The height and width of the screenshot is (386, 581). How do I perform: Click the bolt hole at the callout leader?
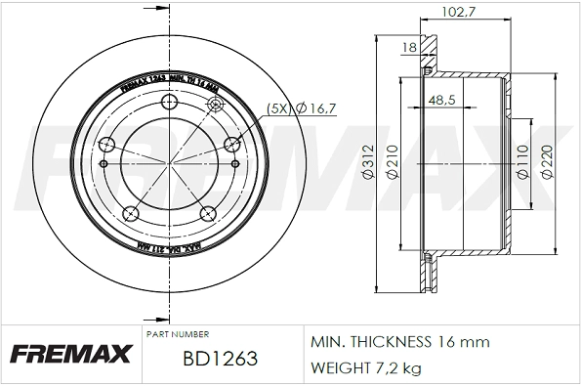231,146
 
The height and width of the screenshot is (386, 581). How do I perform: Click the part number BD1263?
220,360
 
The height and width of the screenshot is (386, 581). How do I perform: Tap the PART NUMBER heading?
177,334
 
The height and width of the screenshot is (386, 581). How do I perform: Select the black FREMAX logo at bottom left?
70,353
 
